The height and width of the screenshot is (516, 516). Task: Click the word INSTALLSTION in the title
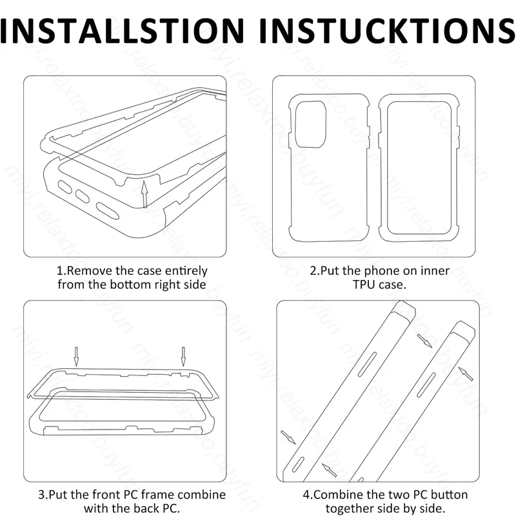click(x=122, y=30)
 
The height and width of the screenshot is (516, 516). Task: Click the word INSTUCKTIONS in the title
click(x=388, y=30)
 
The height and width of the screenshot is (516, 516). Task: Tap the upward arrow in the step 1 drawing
click(x=144, y=194)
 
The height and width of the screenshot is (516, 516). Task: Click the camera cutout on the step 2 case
click(x=311, y=124)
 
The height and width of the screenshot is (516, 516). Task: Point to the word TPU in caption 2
click(x=364, y=284)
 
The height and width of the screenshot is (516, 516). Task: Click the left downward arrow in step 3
click(x=76, y=357)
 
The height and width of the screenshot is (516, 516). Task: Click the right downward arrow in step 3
click(x=183, y=357)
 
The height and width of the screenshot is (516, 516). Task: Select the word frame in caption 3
click(x=157, y=495)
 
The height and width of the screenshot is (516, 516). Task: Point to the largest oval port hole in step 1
click(x=107, y=211)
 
